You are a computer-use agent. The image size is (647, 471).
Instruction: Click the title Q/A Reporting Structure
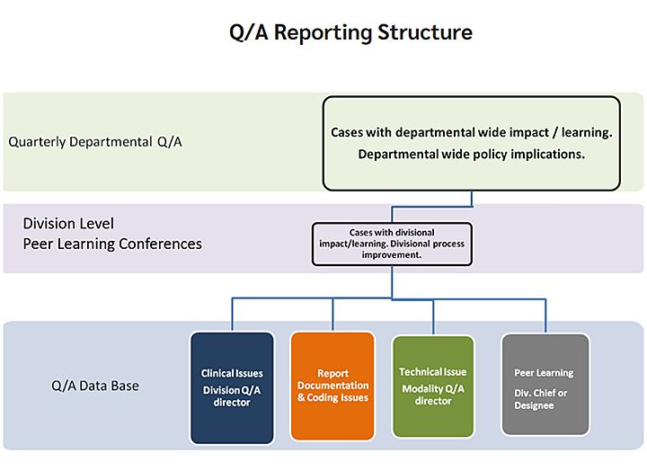(x=350, y=33)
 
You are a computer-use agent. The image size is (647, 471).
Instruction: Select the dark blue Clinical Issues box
(x=232, y=387)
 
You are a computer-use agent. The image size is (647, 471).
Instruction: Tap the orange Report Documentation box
(x=332, y=387)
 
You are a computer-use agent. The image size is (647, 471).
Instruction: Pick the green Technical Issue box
(x=433, y=387)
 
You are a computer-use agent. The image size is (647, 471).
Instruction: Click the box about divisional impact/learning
(x=391, y=244)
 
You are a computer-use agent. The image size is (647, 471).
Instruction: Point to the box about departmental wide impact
(x=471, y=143)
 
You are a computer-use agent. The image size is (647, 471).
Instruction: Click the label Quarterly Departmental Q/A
(x=95, y=142)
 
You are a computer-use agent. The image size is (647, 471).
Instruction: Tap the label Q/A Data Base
(x=95, y=387)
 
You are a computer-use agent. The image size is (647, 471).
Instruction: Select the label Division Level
(x=68, y=224)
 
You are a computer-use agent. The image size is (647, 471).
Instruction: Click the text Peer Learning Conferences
(x=112, y=244)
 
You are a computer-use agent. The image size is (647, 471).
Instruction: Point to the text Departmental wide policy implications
(x=471, y=154)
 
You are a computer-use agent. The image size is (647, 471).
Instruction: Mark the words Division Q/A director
(x=232, y=395)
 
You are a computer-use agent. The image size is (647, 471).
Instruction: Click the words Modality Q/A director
(x=433, y=395)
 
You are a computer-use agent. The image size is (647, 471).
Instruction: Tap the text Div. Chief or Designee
(x=541, y=399)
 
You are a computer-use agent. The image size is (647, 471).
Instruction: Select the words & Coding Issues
(x=332, y=398)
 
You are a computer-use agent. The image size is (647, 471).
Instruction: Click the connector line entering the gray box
(x=545, y=316)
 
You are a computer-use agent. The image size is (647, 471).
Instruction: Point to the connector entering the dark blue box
(x=234, y=316)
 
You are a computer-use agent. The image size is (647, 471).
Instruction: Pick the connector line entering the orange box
(x=332, y=316)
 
